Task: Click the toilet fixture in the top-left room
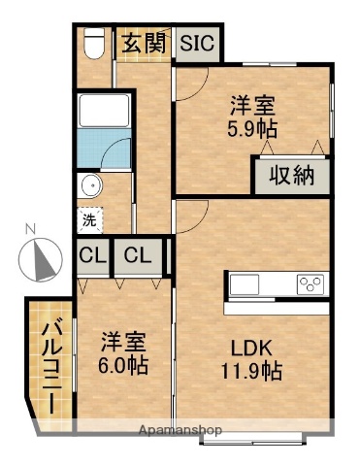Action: pos(94,43)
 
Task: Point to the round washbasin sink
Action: pos(90,186)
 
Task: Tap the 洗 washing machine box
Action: pos(89,220)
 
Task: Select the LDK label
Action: pos(255,348)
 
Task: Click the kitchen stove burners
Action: pos(311,283)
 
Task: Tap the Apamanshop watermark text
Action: pos(180,429)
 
